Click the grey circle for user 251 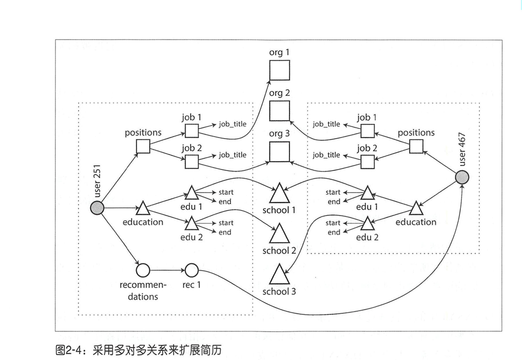(x=96, y=207)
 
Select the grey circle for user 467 (x=462, y=177)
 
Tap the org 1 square (x=280, y=70)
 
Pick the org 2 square (x=280, y=110)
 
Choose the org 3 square (x=280, y=151)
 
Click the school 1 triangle (x=280, y=194)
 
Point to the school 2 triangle (x=280, y=235)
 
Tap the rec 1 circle (x=191, y=270)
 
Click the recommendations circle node (x=143, y=270)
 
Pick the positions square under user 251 (x=143, y=147)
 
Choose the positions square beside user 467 (x=416, y=147)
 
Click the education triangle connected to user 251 (x=143, y=209)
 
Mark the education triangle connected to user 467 (x=416, y=209)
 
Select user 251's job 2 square (x=191, y=162)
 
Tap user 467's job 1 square (x=368, y=131)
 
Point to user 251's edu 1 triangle (x=191, y=193)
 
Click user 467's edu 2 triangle (x=368, y=223)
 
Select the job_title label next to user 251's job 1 (x=233, y=124)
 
